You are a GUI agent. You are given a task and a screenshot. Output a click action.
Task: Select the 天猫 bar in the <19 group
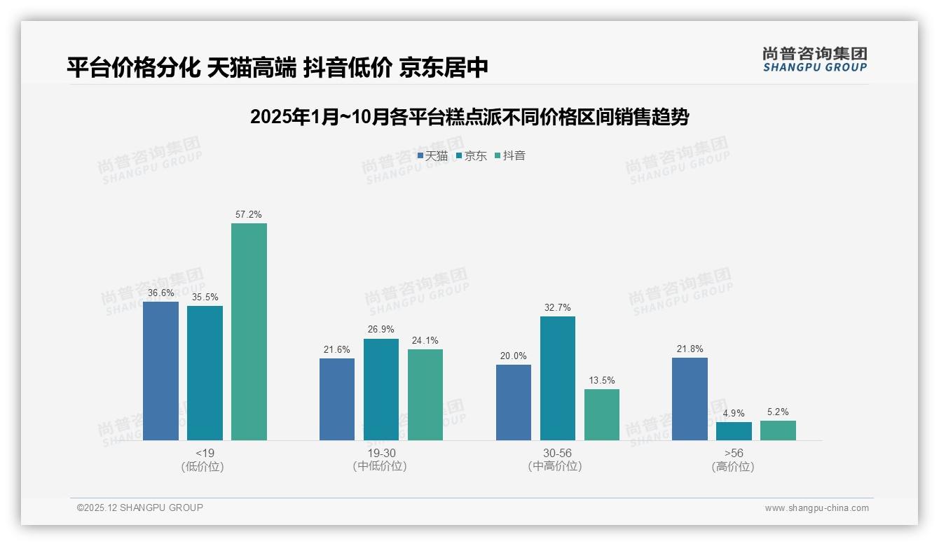[160, 370]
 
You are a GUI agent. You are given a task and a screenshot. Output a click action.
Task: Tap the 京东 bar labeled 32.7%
[558, 378]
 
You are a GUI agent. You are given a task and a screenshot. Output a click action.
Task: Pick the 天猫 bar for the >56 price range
[690, 398]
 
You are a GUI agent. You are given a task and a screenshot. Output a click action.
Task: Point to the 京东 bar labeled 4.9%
[734, 430]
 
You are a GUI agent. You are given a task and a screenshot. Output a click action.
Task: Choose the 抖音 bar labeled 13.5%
[602, 414]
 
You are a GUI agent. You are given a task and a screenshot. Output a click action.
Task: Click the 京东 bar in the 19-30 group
[381, 389]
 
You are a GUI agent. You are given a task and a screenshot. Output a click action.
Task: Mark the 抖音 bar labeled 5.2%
[778, 430]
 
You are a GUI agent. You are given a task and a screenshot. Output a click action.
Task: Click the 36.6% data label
[160, 293]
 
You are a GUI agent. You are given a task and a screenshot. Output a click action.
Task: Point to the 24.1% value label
[425, 341]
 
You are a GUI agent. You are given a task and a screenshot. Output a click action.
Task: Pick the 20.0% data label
[514, 356]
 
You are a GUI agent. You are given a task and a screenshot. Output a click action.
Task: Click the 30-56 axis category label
[557, 453]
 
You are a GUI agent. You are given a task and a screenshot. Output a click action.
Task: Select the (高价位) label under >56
[733, 466]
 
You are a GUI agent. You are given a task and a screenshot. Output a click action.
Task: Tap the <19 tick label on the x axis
[205, 453]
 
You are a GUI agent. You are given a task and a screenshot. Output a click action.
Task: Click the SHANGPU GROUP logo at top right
[814, 59]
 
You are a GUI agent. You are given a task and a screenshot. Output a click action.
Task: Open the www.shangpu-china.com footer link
[816, 508]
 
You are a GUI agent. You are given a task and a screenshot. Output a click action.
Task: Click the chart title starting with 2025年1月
[469, 117]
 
